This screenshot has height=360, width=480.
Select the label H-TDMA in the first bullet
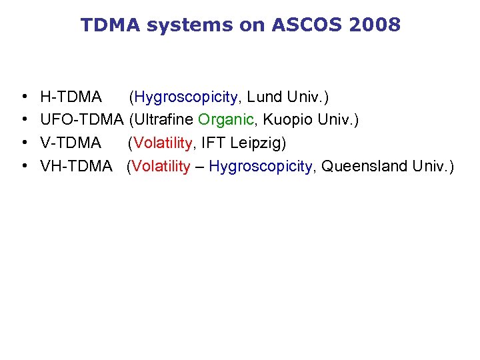point(71,97)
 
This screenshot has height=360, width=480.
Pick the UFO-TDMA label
point(82,120)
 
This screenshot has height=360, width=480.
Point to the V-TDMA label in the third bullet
point(71,143)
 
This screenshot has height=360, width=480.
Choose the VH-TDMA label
point(77,166)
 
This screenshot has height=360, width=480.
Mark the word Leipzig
point(259,143)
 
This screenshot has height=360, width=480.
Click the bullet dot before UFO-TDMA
point(24,121)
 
